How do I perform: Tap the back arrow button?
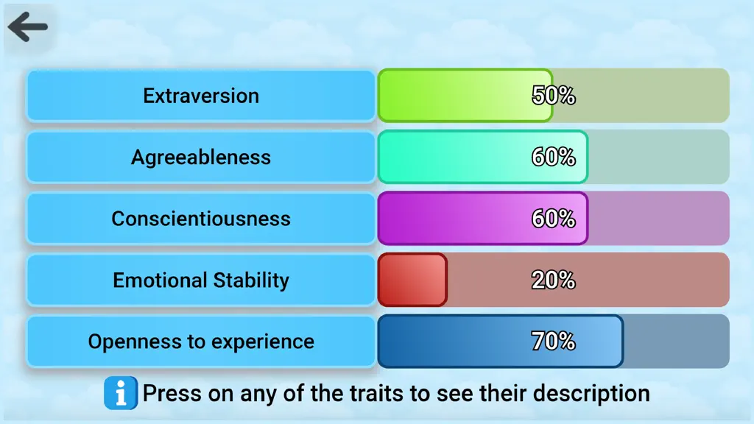tap(28, 27)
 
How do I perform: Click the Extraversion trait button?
tap(201, 96)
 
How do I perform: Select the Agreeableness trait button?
tap(201, 158)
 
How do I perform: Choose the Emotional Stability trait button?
tap(201, 280)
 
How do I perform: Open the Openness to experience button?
tap(201, 342)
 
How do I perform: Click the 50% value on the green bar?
tap(554, 95)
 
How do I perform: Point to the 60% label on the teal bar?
tap(554, 157)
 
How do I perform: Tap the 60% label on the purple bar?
tap(554, 218)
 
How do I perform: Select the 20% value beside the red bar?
tap(554, 280)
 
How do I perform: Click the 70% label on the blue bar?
tap(554, 342)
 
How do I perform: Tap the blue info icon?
tap(121, 393)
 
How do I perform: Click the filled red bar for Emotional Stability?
tap(412, 280)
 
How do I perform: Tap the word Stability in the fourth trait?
tap(251, 280)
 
